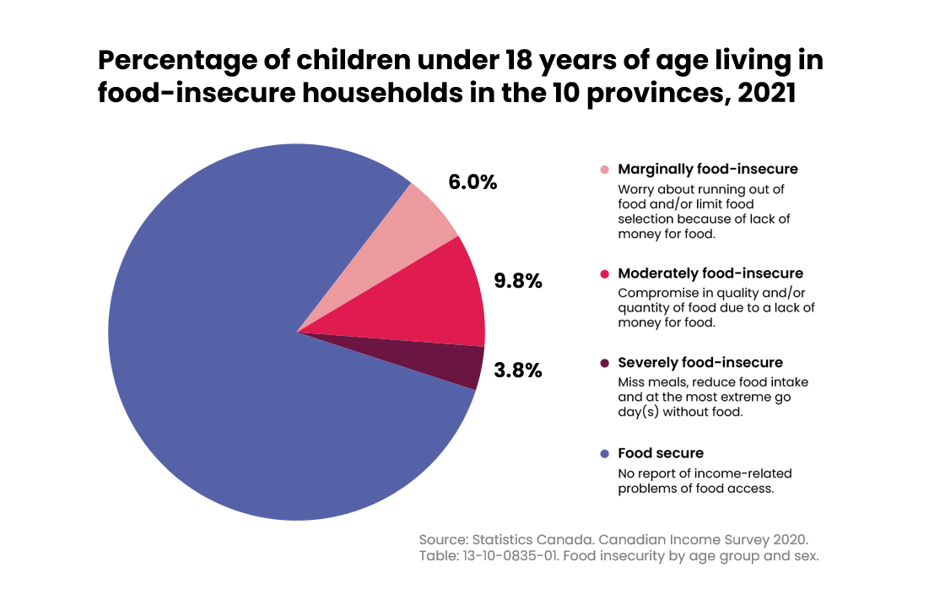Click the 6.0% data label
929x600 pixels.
pyautogui.click(x=473, y=181)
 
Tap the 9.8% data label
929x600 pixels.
pyautogui.click(x=518, y=281)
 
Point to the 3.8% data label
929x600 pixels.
pyautogui.click(x=518, y=370)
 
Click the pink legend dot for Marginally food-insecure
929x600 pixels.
pyautogui.click(x=604, y=170)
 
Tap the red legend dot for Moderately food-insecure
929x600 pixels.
pyautogui.click(x=604, y=273)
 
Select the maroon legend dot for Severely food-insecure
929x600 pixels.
pyautogui.click(x=604, y=363)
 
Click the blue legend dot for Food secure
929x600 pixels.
pyautogui.click(x=604, y=454)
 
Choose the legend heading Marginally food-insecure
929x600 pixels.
pyautogui.click(x=708, y=170)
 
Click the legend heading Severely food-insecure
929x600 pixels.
pyautogui.click(x=700, y=363)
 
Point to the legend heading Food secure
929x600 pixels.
pyautogui.click(x=661, y=453)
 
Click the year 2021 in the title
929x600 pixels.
pyautogui.click(x=767, y=93)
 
